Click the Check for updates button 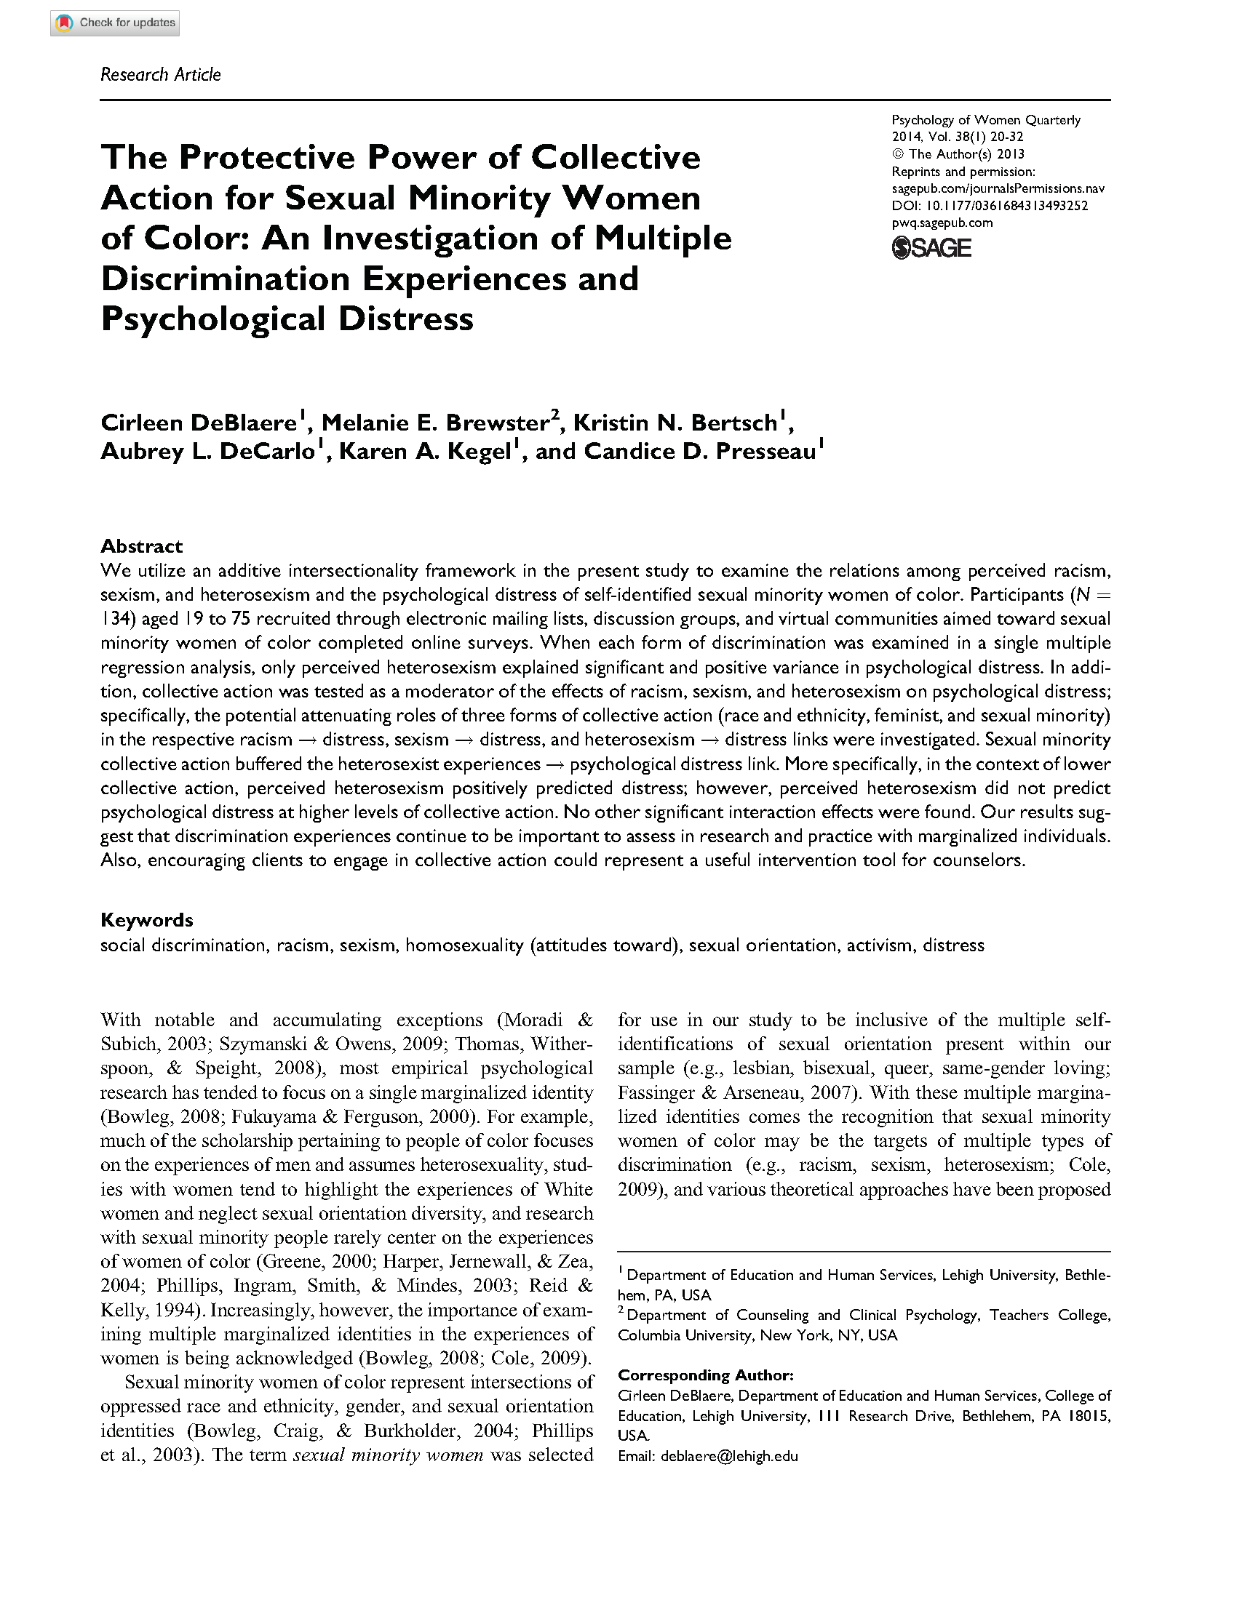tap(115, 23)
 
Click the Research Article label tap(161, 75)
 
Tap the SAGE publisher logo tap(931, 248)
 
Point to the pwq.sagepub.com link tap(942, 223)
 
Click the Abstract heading tap(141, 545)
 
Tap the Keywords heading tap(146, 920)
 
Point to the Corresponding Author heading tap(705, 1375)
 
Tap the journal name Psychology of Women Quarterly tap(986, 120)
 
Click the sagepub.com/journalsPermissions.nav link tap(998, 188)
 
